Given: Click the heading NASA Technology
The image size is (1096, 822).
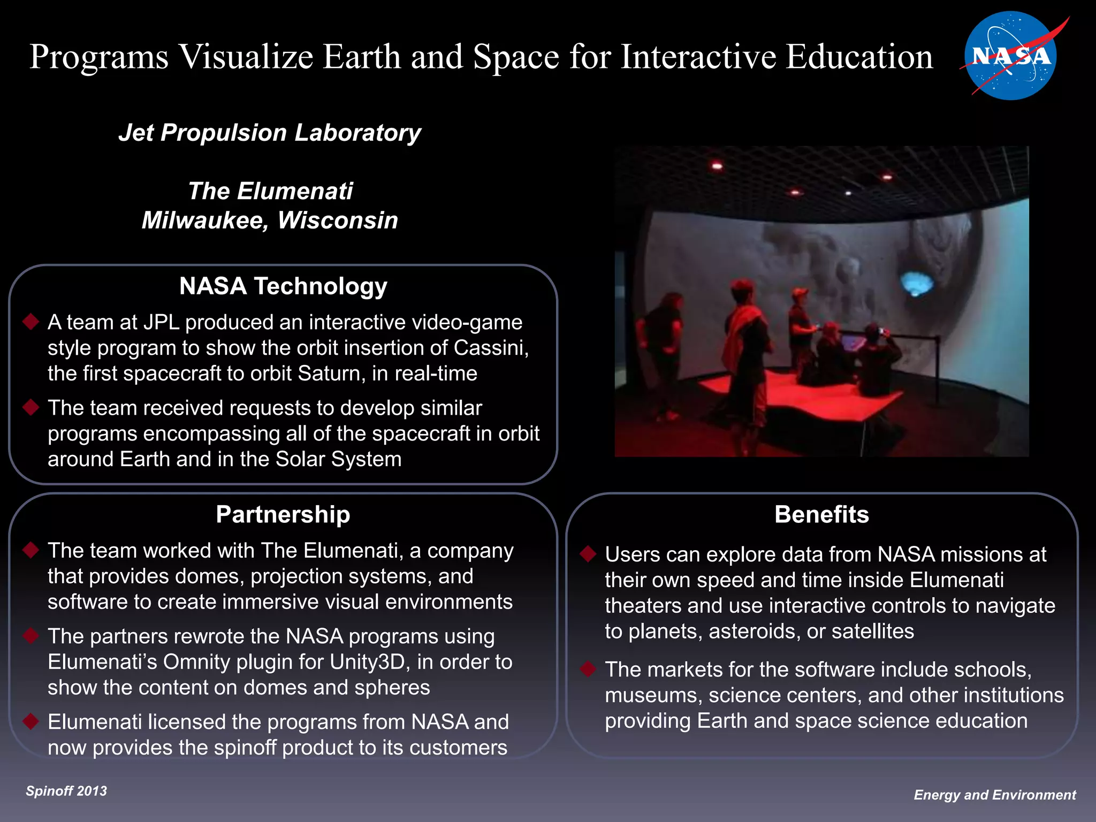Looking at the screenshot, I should [x=283, y=286].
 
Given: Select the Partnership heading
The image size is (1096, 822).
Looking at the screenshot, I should [x=283, y=515].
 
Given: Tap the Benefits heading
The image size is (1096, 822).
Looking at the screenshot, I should [x=821, y=515].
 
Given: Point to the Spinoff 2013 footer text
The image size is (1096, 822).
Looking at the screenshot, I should [x=66, y=791].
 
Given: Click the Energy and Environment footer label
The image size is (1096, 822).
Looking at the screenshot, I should [x=994, y=795].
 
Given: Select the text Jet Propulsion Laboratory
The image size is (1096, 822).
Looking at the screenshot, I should [x=270, y=133].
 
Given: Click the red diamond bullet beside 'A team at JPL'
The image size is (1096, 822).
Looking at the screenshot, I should [x=31, y=322].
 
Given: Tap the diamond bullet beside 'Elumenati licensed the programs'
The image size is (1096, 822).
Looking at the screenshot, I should [x=31, y=721].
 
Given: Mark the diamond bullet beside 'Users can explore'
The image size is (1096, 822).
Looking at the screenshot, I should [x=588, y=554].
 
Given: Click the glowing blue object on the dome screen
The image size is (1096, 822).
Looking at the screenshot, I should [x=916, y=283].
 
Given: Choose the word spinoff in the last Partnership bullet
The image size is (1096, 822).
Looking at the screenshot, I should [x=245, y=748].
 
